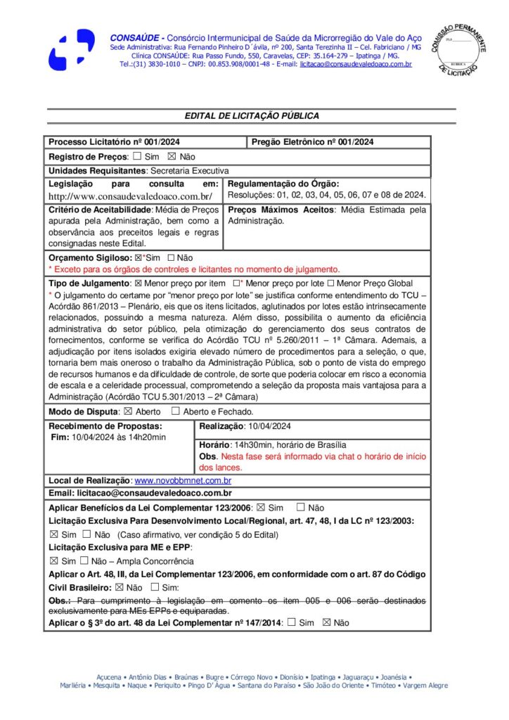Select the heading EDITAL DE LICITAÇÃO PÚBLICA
pyautogui.click(x=252, y=116)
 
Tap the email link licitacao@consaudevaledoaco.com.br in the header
pyautogui.click(x=355, y=64)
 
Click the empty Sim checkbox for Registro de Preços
pyautogui.click(x=137, y=156)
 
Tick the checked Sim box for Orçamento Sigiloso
pyautogui.click(x=137, y=258)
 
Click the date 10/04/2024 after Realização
pyautogui.click(x=268, y=426)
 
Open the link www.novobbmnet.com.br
pyautogui.click(x=183, y=480)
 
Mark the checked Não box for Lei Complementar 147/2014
pyautogui.click(x=326, y=622)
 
